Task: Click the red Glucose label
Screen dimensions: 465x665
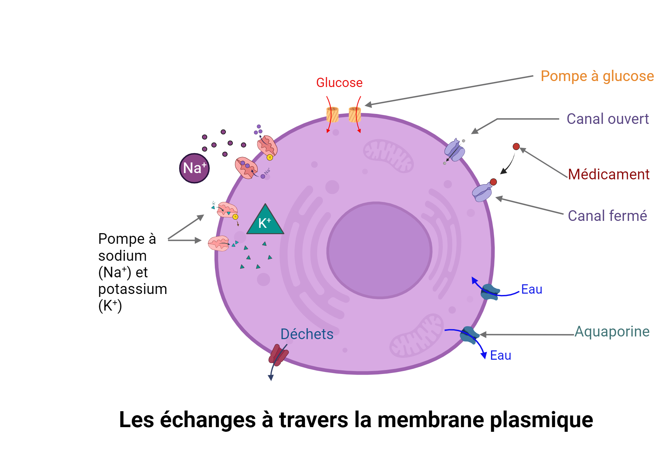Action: pos(339,83)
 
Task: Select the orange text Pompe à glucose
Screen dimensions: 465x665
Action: pos(597,76)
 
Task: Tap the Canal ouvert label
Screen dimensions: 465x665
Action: pos(607,119)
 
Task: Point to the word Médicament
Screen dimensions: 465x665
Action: pos(608,174)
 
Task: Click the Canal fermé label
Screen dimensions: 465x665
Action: pos(607,216)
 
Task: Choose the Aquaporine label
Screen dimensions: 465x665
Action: pos(612,331)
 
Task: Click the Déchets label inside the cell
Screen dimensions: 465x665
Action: pos(307,334)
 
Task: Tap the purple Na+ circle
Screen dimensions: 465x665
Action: pos(195,168)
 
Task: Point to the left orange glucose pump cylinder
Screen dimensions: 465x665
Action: pos(332,115)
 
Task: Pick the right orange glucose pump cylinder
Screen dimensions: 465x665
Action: pos(355,115)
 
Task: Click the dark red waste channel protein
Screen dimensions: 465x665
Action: pos(278,355)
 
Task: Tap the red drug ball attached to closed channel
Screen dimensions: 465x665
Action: pos(493,182)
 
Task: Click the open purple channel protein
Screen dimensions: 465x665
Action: pos(455,150)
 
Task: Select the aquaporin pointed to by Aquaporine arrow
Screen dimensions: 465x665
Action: pos(469,335)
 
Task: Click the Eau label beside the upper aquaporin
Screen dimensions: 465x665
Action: pos(531,289)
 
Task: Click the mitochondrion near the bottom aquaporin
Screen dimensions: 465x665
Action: pos(417,336)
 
